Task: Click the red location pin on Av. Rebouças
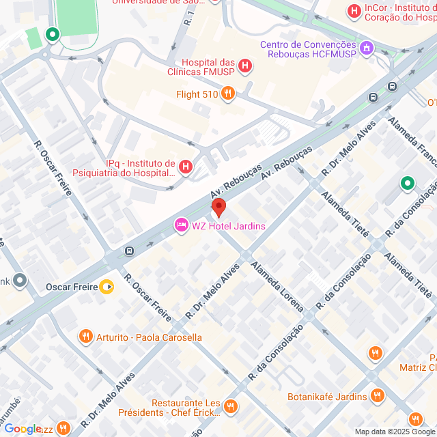[x=218, y=207]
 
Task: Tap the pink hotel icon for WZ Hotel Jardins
[x=181, y=225]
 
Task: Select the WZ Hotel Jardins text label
[x=228, y=226]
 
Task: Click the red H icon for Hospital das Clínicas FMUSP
[x=245, y=66]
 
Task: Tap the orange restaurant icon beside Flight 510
[x=228, y=94]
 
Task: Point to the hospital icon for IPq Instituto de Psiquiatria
[x=185, y=166]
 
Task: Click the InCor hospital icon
[x=354, y=11]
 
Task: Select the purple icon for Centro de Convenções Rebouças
[x=367, y=48]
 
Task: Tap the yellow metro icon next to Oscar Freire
[x=107, y=287]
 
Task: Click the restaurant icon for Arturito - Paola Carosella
[x=85, y=336]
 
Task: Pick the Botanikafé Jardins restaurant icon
[x=377, y=395]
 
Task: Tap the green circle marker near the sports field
[x=52, y=33]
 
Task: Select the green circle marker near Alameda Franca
[x=407, y=183]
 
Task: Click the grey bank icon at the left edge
[x=20, y=280]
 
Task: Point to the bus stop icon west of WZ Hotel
[x=129, y=251]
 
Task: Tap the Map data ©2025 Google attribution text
[x=394, y=431]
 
